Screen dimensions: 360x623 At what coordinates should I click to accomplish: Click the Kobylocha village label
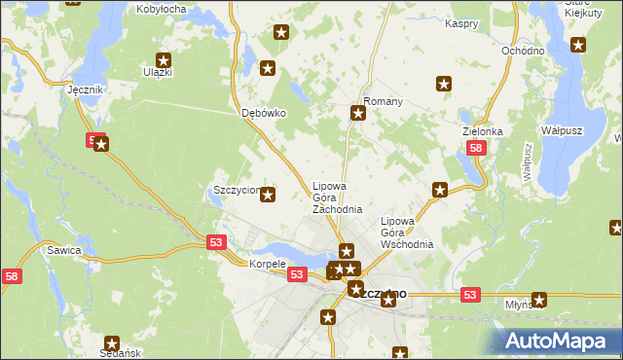click(162, 9)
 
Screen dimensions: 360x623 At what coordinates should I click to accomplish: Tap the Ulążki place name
click(157, 72)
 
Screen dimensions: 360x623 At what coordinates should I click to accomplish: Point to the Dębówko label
click(263, 113)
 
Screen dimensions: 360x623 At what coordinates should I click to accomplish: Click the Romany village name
click(383, 101)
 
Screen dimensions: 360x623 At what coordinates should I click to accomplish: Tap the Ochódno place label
click(523, 50)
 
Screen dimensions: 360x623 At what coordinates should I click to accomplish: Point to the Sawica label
click(63, 250)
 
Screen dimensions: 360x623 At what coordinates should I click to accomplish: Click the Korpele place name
click(267, 264)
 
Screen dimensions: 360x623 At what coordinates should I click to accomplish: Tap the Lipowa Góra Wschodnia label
click(406, 233)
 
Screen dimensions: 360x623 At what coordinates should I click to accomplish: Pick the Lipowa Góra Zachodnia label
click(337, 198)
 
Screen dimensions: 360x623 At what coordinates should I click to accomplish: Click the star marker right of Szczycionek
click(269, 195)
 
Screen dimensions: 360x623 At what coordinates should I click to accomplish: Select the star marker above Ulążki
click(163, 60)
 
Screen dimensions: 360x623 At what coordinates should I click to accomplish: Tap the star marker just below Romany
click(357, 114)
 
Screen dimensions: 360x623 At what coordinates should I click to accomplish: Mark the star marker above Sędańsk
click(112, 342)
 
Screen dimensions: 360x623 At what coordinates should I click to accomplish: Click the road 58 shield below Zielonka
click(475, 149)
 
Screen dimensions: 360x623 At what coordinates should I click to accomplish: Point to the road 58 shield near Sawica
click(10, 277)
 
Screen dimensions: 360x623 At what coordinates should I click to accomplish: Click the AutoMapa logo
click(559, 342)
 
